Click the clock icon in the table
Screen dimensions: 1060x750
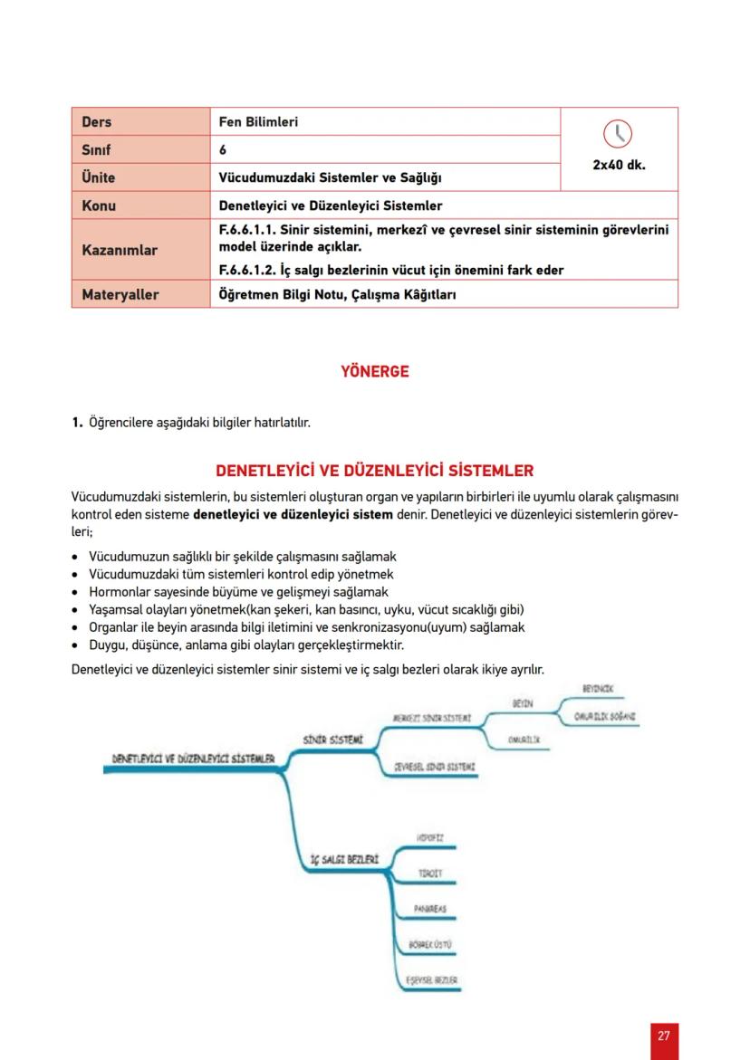(619, 134)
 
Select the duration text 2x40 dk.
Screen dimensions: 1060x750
(619, 166)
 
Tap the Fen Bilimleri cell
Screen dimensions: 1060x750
(258, 121)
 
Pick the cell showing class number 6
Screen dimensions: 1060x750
(223, 149)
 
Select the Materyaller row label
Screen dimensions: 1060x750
(120, 294)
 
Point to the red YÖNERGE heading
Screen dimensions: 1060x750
(374, 371)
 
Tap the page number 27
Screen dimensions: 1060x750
(664, 1036)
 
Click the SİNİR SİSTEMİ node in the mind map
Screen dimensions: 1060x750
(332, 740)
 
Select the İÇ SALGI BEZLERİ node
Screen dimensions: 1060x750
(344, 856)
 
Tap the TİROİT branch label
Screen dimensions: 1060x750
(430, 873)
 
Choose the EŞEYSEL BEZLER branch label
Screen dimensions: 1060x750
(431, 979)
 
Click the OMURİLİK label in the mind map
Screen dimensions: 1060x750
(524, 740)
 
